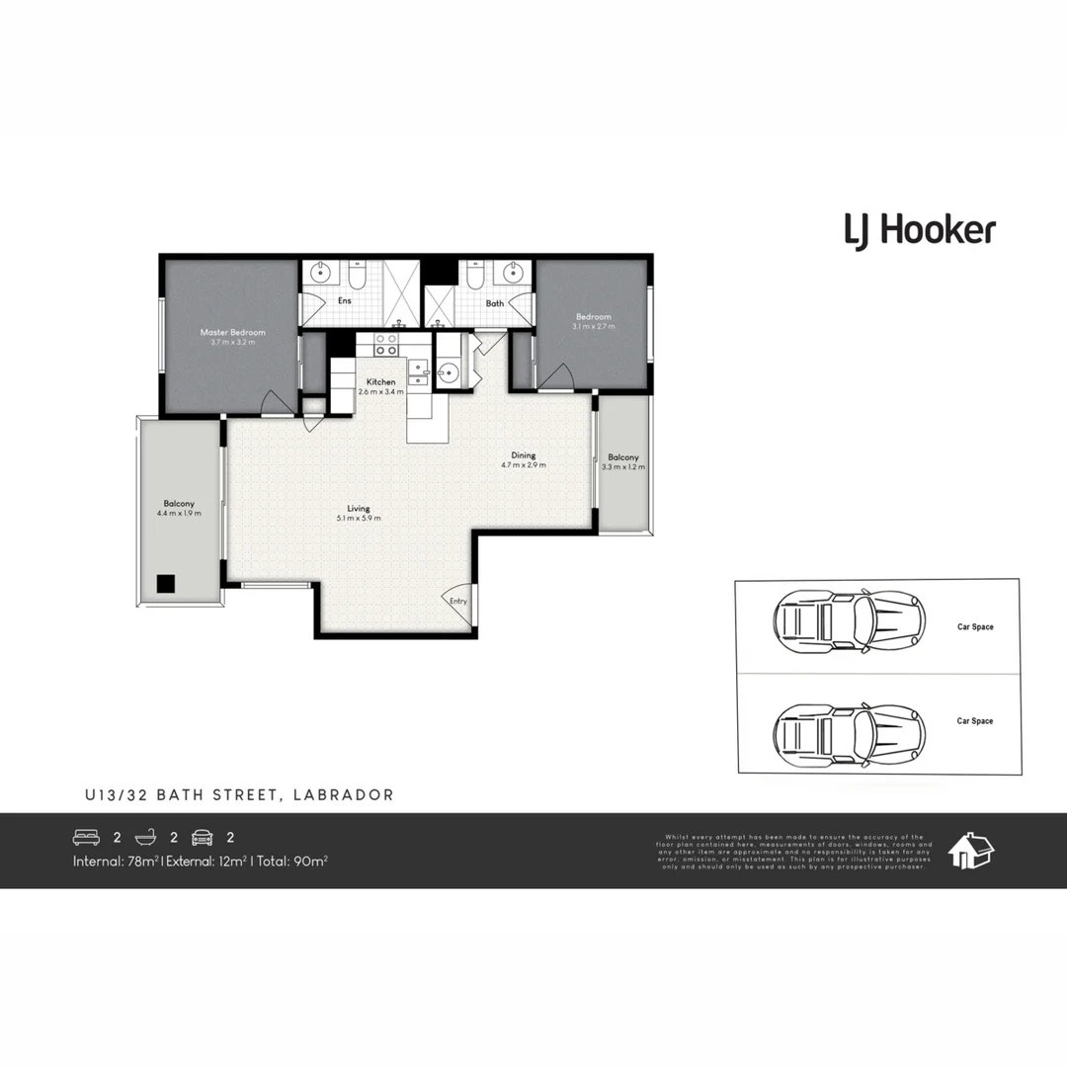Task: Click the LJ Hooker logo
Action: click(919, 231)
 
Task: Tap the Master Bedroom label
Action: click(233, 333)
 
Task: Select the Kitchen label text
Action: click(381, 382)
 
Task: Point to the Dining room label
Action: click(524, 455)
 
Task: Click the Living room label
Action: click(358, 509)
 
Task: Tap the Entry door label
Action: click(458, 601)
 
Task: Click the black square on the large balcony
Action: click(167, 584)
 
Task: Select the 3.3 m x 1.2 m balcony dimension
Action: click(623, 467)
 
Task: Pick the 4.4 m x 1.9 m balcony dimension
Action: click(179, 514)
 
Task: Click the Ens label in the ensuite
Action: click(345, 301)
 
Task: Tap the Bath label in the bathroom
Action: click(495, 303)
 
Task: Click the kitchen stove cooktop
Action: click(385, 344)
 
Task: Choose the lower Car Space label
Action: click(974, 721)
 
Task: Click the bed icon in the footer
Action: click(87, 838)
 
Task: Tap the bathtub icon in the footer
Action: click(146, 838)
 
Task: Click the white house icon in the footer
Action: click(970, 850)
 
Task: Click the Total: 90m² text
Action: click(292, 862)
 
